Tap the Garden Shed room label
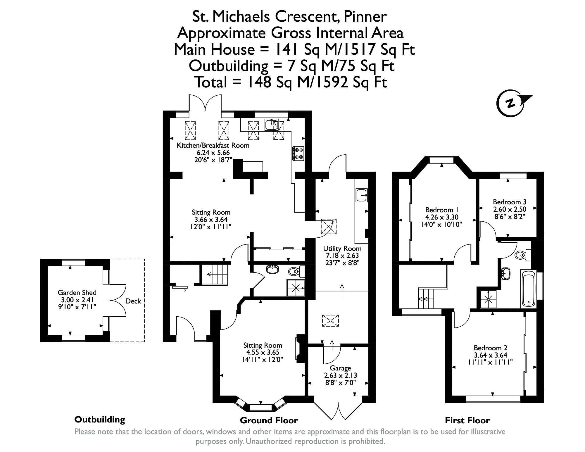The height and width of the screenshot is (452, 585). tap(77, 292)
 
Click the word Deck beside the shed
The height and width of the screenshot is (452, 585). tap(133, 301)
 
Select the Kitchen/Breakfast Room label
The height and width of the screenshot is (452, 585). tap(213, 145)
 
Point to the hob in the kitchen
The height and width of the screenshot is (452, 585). tap(298, 153)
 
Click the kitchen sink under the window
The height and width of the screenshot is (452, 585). tap(272, 125)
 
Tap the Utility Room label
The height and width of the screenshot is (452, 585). tap(342, 249)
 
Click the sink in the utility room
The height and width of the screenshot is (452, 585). tap(362, 195)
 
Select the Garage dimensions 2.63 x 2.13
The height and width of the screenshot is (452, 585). tap(341, 375)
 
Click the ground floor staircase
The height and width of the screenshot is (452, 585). tap(216, 274)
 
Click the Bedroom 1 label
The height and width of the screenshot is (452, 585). tap(441, 210)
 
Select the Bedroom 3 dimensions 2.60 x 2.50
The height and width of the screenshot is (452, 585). tap(510, 209)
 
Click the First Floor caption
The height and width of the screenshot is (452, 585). tap(467, 420)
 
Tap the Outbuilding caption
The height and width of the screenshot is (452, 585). tap(100, 420)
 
